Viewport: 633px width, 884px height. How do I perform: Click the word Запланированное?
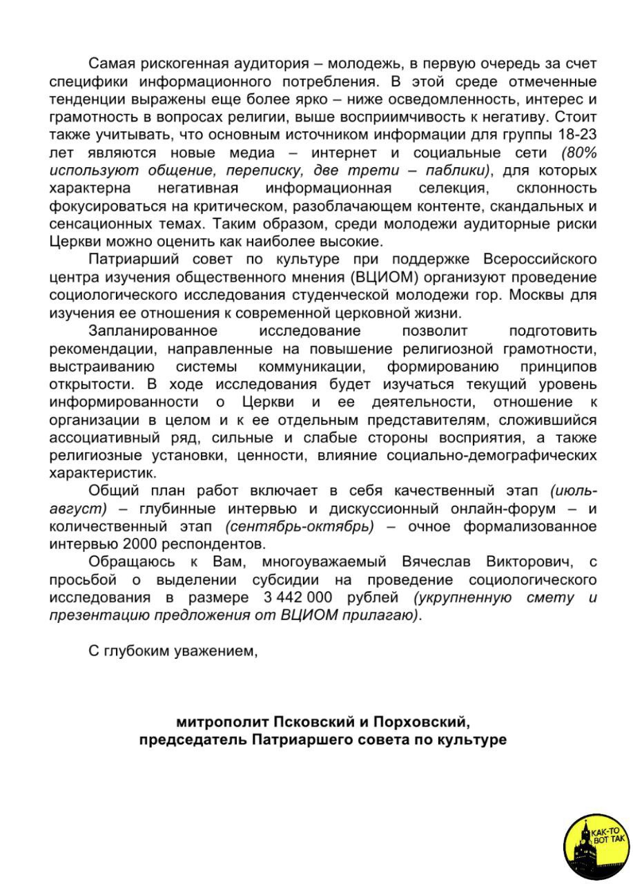pyautogui.click(x=153, y=331)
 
